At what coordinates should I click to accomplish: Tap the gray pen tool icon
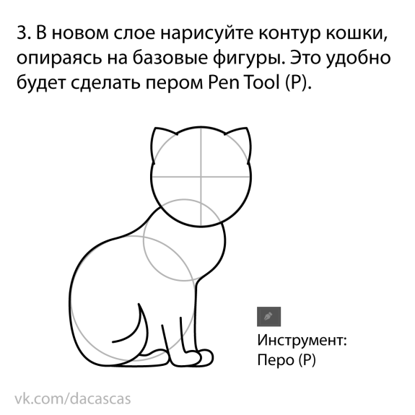(268, 317)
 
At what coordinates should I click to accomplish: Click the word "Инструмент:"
(302, 340)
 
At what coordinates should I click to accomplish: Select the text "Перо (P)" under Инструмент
(287, 360)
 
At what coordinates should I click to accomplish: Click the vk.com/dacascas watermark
(73, 399)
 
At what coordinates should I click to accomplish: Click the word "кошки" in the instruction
(357, 34)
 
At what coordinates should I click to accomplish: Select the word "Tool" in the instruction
(263, 82)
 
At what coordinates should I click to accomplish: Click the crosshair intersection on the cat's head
(201, 177)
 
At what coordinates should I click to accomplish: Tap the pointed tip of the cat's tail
(139, 304)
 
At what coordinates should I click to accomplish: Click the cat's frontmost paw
(206, 358)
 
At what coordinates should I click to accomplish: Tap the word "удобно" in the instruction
(358, 58)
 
